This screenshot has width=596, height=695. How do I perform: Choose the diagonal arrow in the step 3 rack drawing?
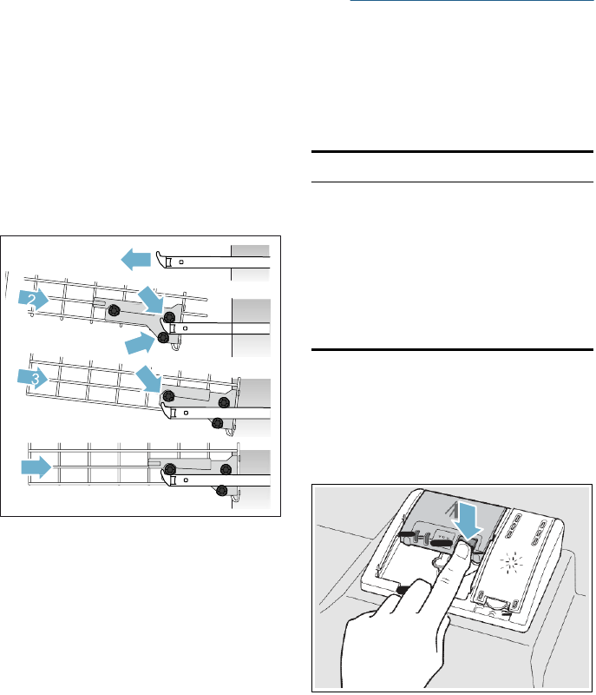pos(148,380)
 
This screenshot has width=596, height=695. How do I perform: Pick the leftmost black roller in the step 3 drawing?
pos(168,396)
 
